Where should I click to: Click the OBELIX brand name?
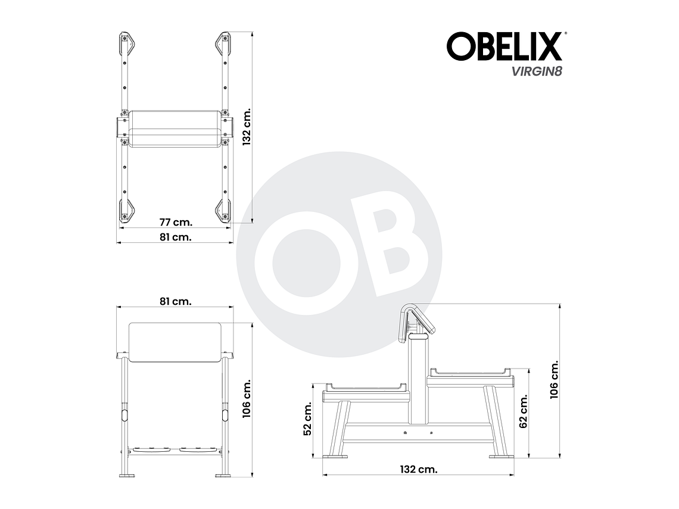504,46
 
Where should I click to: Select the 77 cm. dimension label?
175,222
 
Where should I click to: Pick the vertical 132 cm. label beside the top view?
248,127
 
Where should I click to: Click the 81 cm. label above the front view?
175,301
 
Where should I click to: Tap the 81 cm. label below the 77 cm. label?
175,236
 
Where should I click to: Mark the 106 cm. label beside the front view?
248,398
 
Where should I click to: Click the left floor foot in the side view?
335,457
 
